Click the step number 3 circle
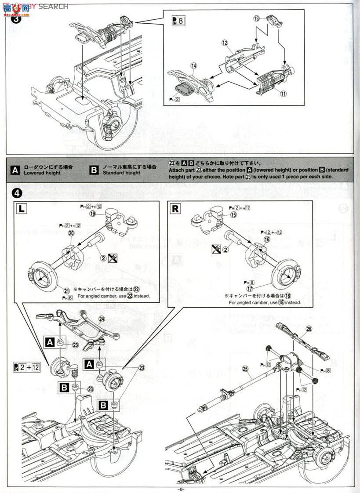16,19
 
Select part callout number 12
225,43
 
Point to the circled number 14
193,66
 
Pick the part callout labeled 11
283,94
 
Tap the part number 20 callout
71,233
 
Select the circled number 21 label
67,291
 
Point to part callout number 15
233,214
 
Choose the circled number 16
266,239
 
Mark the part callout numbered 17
250,290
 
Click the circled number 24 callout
102,319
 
